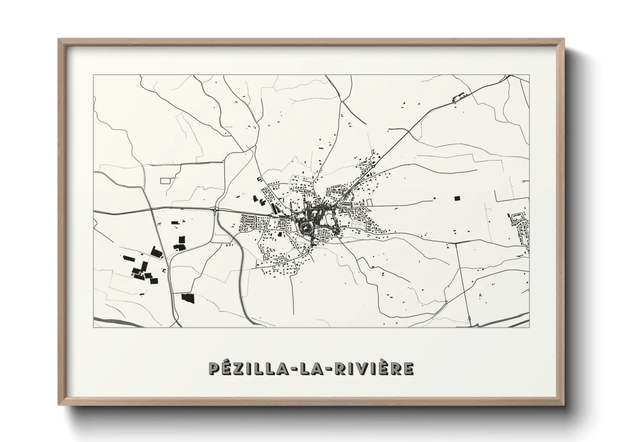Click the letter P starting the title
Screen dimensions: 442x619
tap(214, 368)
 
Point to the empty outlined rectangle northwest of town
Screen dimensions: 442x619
tap(166, 180)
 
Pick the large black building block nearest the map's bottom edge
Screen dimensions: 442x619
tap(188, 297)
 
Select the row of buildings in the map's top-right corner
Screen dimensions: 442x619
tap(459, 98)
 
